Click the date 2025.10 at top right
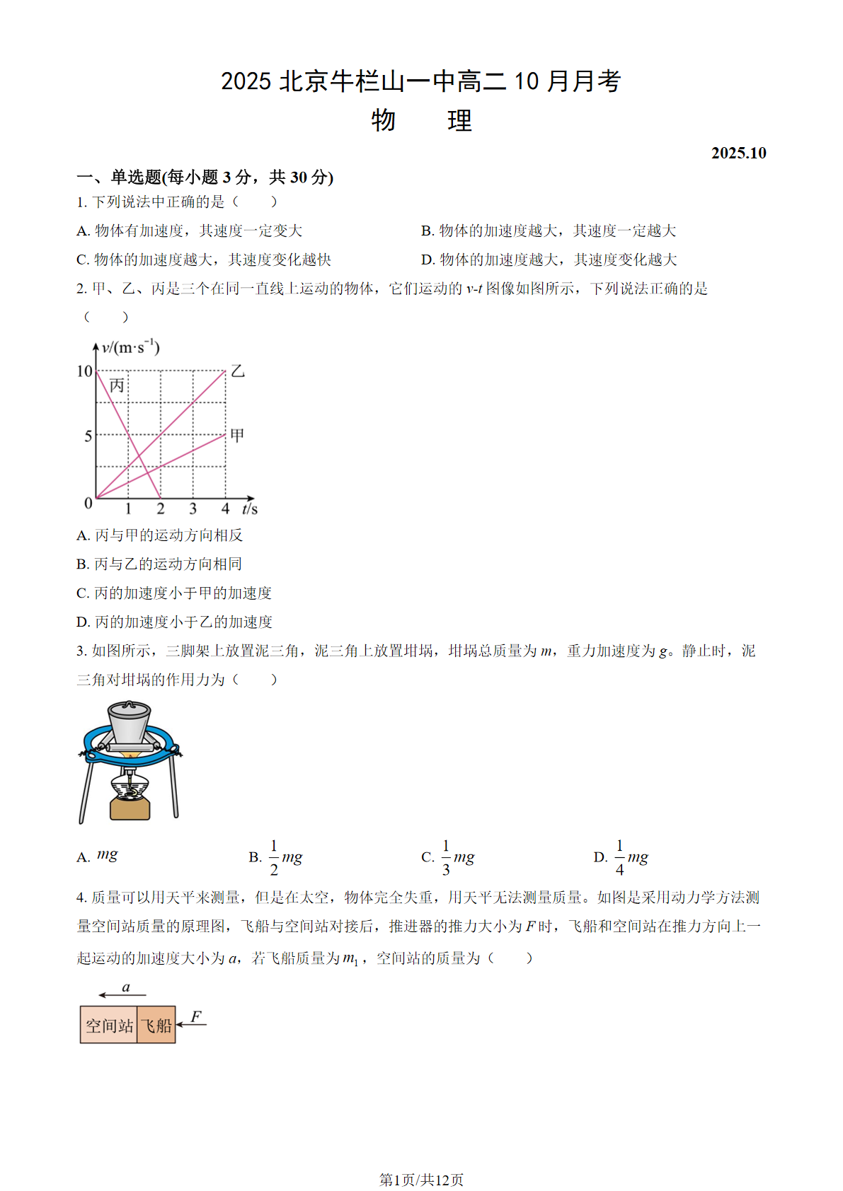click(738, 153)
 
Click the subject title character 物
click(383, 120)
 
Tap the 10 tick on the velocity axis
click(85, 371)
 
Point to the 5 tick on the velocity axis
click(88, 436)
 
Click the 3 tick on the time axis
click(193, 509)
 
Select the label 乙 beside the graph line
click(238, 371)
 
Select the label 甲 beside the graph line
click(237, 435)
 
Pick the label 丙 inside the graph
click(117, 385)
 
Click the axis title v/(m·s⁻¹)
click(131, 347)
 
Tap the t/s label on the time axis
click(250, 509)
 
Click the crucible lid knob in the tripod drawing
click(129, 705)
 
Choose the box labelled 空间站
click(109, 1026)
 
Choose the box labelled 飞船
click(156, 1026)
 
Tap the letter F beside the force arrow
click(196, 1016)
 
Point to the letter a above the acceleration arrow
click(126, 987)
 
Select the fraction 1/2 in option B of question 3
click(274, 857)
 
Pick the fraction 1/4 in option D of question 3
click(619, 857)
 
